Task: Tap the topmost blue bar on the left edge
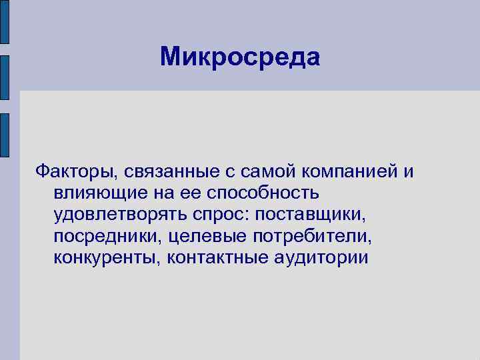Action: [4, 24]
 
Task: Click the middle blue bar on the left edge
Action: [4, 77]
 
